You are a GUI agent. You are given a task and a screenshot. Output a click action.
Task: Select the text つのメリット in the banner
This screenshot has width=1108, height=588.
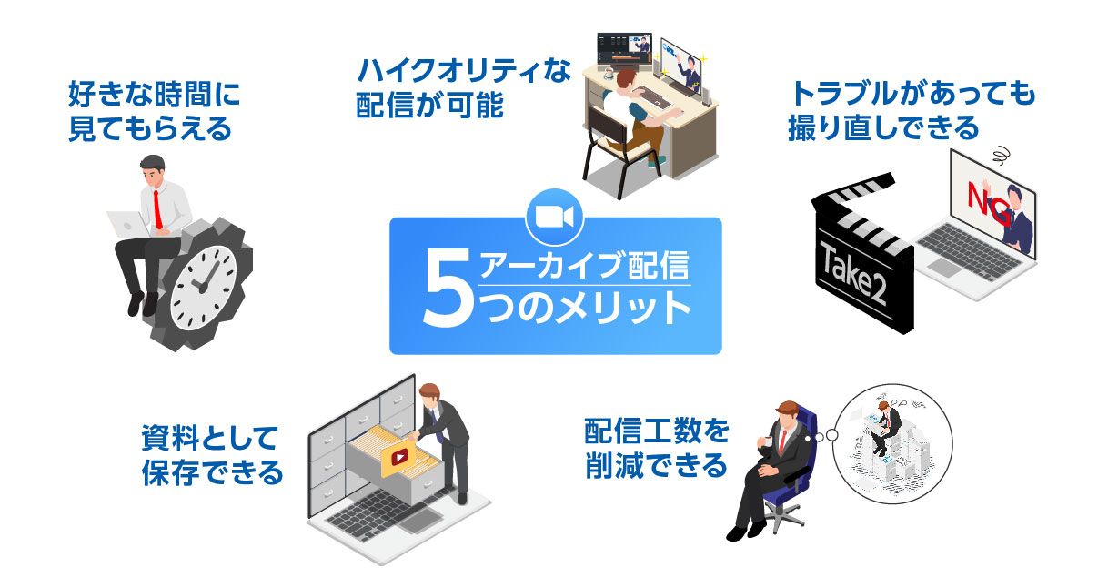pos(583,309)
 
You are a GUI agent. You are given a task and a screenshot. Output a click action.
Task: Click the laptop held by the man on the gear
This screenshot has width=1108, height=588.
pos(126,221)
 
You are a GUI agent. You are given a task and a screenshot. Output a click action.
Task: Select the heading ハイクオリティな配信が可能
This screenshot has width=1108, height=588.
pos(464,89)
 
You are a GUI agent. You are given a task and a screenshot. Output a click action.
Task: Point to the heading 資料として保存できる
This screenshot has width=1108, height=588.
pos(209,454)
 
